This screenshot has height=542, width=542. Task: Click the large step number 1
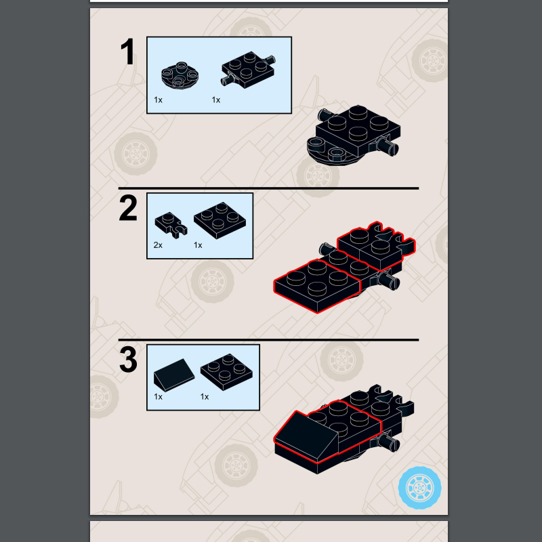tap(128, 51)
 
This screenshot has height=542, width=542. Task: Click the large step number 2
tap(128, 208)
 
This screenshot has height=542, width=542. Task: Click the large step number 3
tap(128, 360)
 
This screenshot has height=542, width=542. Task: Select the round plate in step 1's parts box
tap(180, 74)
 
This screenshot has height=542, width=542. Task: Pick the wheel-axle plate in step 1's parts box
tap(248, 70)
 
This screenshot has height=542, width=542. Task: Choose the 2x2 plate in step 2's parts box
tap(220, 221)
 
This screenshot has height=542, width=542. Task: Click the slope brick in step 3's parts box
tap(174, 375)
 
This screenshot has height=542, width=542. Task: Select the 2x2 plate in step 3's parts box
tap(226, 372)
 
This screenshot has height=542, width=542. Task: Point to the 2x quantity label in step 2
tap(158, 245)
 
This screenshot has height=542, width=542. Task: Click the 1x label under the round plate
tap(158, 100)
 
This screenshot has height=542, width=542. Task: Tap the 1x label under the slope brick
tap(158, 396)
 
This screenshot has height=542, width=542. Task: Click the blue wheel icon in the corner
tap(419, 487)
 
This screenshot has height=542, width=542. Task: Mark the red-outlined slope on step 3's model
tap(306, 436)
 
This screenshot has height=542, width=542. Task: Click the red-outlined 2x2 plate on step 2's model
tap(317, 285)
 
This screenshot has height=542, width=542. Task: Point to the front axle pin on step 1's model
tap(388, 146)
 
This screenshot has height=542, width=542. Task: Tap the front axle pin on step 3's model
tap(389, 444)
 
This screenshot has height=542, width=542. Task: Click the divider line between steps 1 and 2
tap(268, 188)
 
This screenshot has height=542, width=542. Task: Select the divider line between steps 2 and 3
tap(268, 340)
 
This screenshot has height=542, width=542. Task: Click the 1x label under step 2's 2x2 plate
tap(198, 245)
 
